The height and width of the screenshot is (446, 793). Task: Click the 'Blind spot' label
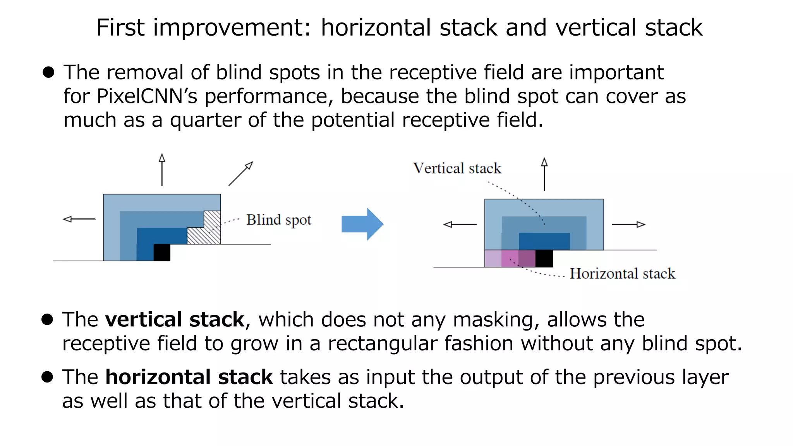point(278,220)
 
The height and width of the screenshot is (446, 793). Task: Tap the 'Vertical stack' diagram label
point(457,168)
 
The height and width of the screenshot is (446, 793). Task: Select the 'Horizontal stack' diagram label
point(622,274)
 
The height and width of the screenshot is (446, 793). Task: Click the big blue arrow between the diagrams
point(362,224)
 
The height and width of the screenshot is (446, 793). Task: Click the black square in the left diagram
point(162,252)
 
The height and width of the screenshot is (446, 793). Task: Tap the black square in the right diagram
point(544,259)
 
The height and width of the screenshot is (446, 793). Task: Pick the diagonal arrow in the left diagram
point(240,174)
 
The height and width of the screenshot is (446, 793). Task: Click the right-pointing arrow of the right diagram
point(628,224)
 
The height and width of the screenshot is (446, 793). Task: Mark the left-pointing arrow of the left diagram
point(79,219)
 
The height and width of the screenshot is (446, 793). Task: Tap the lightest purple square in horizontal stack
point(493,259)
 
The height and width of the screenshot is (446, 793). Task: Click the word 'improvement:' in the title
point(232,28)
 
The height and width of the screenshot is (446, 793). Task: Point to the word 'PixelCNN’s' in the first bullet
point(147,96)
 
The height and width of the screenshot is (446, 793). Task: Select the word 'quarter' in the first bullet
point(205,120)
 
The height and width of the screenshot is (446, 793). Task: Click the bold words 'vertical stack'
point(175,320)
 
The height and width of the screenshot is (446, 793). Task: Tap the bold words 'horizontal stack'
point(189,377)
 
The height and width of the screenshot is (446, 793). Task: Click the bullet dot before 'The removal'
point(48,72)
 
